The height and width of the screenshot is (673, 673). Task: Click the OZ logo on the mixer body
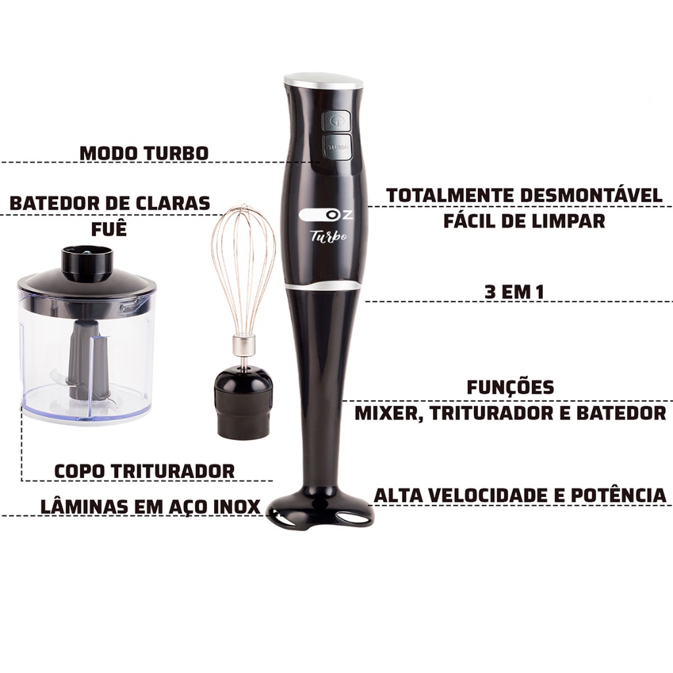pos(325,215)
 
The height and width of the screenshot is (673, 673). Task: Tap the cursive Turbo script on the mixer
pos(329,236)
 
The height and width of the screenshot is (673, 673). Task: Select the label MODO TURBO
pos(144,153)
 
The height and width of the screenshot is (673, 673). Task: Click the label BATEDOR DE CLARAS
pos(110,203)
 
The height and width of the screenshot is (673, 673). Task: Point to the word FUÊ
pos(109,229)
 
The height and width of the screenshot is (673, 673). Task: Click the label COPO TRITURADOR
pos(145,471)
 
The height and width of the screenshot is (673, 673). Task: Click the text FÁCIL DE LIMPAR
pos(524,221)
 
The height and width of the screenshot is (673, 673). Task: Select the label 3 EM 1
pos(514,292)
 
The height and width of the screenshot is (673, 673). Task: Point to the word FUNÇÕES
pos(510,388)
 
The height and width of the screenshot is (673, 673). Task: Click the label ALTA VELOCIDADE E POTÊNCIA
pos(521,494)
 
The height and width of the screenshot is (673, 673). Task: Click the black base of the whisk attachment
pos(244,404)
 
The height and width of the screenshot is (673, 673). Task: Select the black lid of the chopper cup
pos(87,278)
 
